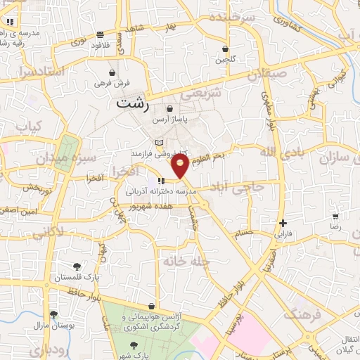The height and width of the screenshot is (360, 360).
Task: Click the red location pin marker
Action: click(x=181, y=165)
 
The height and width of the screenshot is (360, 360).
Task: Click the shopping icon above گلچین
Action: click(x=224, y=49)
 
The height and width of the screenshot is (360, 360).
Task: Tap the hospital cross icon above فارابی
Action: click(x=283, y=222)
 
